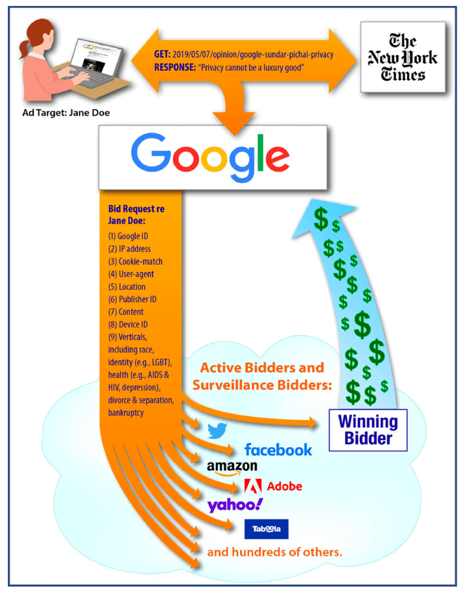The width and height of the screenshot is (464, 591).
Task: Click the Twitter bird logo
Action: (x=217, y=430)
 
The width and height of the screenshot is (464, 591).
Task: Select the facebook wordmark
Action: (x=278, y=450)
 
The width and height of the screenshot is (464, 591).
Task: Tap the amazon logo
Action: (x=232, y=467)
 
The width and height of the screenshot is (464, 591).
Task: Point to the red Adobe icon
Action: (x=253, y=486)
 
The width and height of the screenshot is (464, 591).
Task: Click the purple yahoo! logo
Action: (x=235, y=505)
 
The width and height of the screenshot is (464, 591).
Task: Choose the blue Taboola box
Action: (x=266, y=529)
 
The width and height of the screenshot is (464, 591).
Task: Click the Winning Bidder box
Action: (x=368, y=430)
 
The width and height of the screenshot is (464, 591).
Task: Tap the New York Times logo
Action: (x=403, y=57)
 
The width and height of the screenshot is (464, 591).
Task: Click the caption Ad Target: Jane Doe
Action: (x=66, y=113)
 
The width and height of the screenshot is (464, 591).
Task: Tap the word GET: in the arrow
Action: (x=162, y=54)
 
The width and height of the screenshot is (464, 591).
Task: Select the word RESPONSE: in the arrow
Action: (x=175, y=68)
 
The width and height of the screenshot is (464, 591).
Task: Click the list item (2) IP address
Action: (x=129, y=249)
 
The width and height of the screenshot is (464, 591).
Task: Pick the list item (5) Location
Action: (x=127, y=287)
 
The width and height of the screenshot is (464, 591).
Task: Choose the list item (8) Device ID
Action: (x=128, y=325)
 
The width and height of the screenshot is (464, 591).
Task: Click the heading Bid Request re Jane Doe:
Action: (x=136, y=215)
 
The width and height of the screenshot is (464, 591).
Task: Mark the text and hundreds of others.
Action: (x=274, y=552)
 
